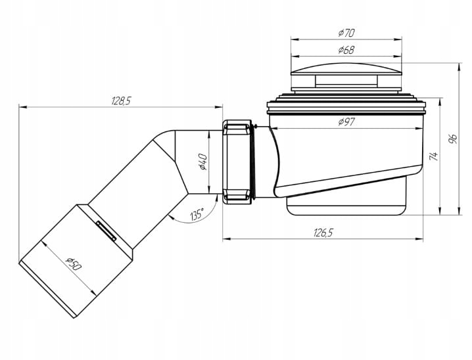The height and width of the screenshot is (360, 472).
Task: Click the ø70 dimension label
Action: click(346, 32)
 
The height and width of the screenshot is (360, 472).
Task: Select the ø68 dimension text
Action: click(346, 50)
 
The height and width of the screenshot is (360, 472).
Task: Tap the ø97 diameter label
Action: click(347, 122)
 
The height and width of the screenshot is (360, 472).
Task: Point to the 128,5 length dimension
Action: click(122, 101)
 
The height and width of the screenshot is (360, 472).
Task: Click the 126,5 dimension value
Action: click(323, 233)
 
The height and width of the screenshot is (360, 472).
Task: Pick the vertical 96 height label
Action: click(453, 139)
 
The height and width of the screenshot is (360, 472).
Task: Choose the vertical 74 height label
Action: click(433, 156)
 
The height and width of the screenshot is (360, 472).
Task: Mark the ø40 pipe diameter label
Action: click(202, 162)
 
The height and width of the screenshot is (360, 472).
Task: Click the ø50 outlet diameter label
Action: click(74, 264)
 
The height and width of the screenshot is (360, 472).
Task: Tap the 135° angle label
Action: click(197, 214)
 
